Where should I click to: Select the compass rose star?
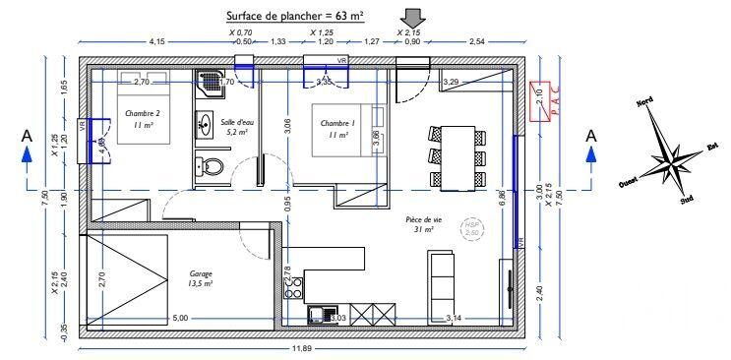tap(667, 153)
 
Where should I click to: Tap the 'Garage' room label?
tap(202, 279)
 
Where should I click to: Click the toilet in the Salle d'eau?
tap(210, 166)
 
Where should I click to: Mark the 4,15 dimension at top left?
tap(156, 42)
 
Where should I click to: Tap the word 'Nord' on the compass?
tap(644, 102)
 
